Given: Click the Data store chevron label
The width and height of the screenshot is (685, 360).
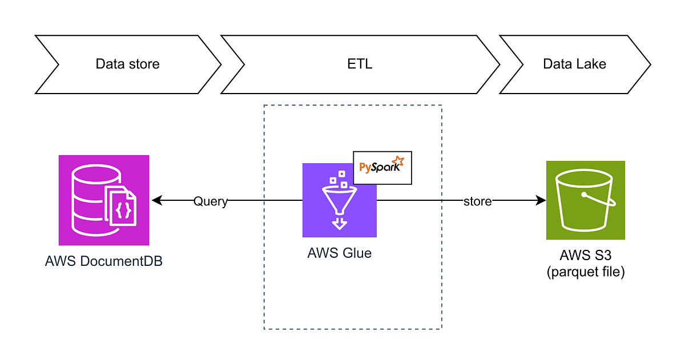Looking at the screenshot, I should point(127,63).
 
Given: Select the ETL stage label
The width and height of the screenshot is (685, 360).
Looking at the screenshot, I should point(360,63).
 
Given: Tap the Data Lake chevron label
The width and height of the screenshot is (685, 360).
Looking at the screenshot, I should point(574,63).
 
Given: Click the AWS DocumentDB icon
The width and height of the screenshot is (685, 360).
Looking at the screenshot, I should point(104,200).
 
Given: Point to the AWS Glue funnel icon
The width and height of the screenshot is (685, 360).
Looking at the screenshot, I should point(339,200).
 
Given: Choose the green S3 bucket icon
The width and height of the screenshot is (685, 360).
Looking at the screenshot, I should point(586,200).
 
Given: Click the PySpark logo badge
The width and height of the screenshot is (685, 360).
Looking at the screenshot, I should point(382,168).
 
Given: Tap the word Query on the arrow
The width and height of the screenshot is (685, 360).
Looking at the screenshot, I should point(210,201).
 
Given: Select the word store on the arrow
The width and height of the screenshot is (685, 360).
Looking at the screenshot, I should point(477,201).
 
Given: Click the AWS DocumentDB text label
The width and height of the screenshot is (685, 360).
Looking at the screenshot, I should point(104,262).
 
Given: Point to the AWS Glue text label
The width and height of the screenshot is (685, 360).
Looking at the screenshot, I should point(339,253).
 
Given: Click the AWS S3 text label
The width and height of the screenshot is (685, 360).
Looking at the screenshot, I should point(586,256).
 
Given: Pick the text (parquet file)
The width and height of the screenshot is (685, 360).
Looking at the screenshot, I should point(586,272).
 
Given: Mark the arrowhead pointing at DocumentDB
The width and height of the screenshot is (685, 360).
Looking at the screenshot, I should point(156,201).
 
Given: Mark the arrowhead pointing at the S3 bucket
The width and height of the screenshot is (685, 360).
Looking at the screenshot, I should point(541,201).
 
